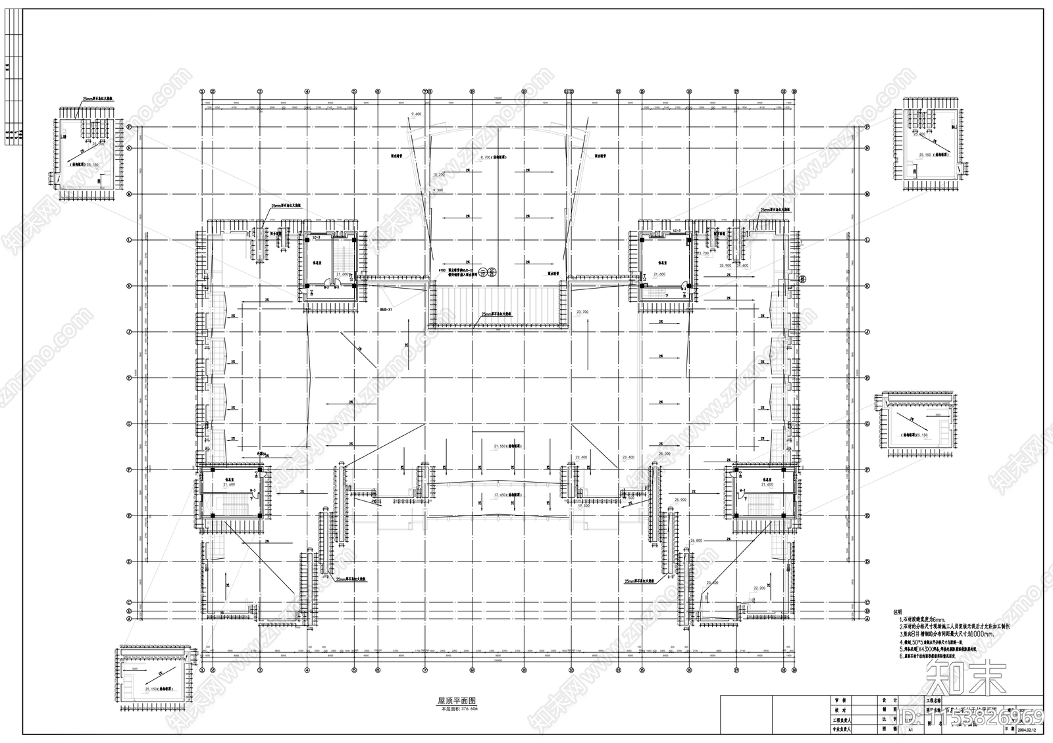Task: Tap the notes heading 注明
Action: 898,611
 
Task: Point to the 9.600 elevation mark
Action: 415,114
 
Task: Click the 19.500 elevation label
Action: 583,506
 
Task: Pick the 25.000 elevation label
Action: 663,454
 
